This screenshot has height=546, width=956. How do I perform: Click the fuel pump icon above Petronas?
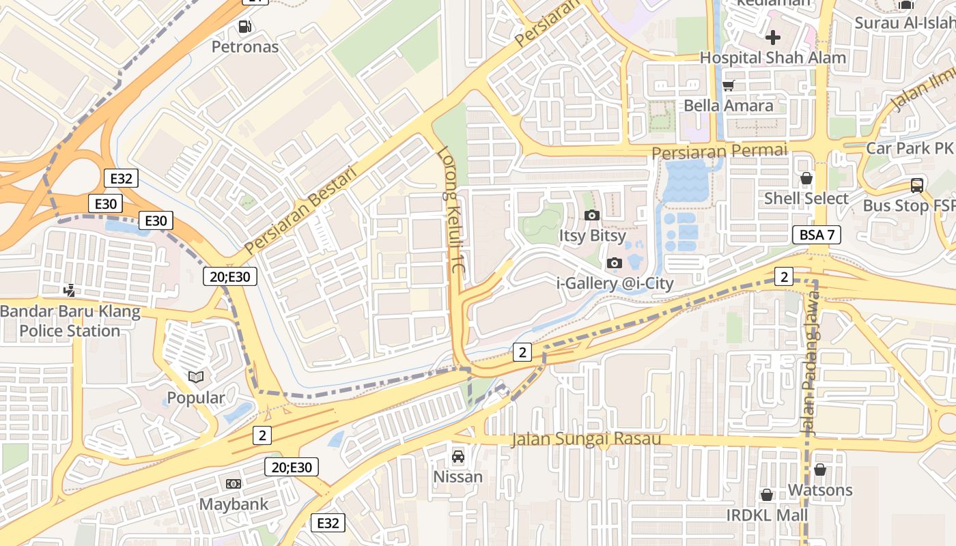pyautogui.click(x=244, y=27)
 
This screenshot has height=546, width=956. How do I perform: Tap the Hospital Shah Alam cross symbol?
pyautogui.click(x=772, y=37)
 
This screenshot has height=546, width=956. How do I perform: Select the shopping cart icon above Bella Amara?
pyautogui.click(x=728, y=85)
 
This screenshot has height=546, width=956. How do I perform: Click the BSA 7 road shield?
pyautogui.click(x=817, y=235)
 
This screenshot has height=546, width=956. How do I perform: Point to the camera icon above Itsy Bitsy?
pyautogui.click(x=592, y=215)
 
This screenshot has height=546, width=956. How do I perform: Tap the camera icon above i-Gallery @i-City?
pyautogui.click(x=615, y=263)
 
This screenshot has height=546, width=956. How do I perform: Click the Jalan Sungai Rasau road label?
pyautogui.click(x=587, y=439)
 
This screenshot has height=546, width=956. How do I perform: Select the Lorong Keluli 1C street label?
pyautogui.click(x=451, y=212)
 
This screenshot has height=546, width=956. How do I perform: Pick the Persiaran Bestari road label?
pyautogui.click(x=300, y=211)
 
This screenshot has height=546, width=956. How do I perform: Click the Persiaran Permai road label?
pyautogui.click(x=719, y=151)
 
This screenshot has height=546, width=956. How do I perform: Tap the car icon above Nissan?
pyautogui.click(x=458, y=456)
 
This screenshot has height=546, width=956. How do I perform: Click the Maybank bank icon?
pyautogui.click(x=234, y=484)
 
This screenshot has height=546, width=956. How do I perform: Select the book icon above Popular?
pyautogui.click(x=196, y=377)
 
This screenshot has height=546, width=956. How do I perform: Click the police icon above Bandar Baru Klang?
pyautogui.click(x=69, y=291)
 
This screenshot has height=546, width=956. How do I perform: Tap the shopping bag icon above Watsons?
pyautogui.click(x=820, y=470)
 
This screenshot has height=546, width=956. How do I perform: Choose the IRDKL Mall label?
pyautogui.click(x=767, y=515)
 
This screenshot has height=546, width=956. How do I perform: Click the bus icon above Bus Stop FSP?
pyautogui.click(x=916, y=185)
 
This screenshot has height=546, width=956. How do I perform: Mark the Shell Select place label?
pyautogui.click(x=806, y=199)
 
